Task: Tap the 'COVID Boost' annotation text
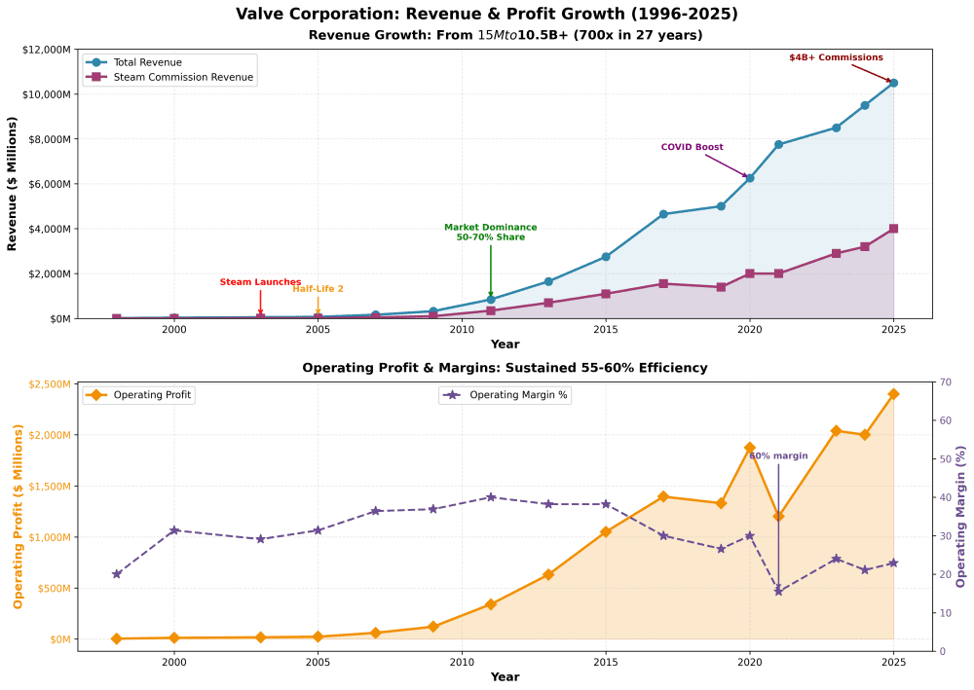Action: [x=692, y=147]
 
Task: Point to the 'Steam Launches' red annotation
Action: [x=260, y=282]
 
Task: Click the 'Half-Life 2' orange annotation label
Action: [x=318, y=289]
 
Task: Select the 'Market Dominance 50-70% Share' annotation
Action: [x=490, y=232]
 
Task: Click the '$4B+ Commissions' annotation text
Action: [x=836, y=57]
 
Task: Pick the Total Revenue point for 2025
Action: [x=893, y=83]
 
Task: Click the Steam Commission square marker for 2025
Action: [x=893, y=229]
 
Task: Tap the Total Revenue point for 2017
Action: [x=663, y=214]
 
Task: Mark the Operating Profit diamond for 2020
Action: [x=750, y=448]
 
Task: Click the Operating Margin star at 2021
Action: [x=778, y=591]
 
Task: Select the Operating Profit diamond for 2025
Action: [x=893, y=394]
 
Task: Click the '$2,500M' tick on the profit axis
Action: [x=48, y=384]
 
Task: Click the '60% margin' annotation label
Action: [x=778, y=455]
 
